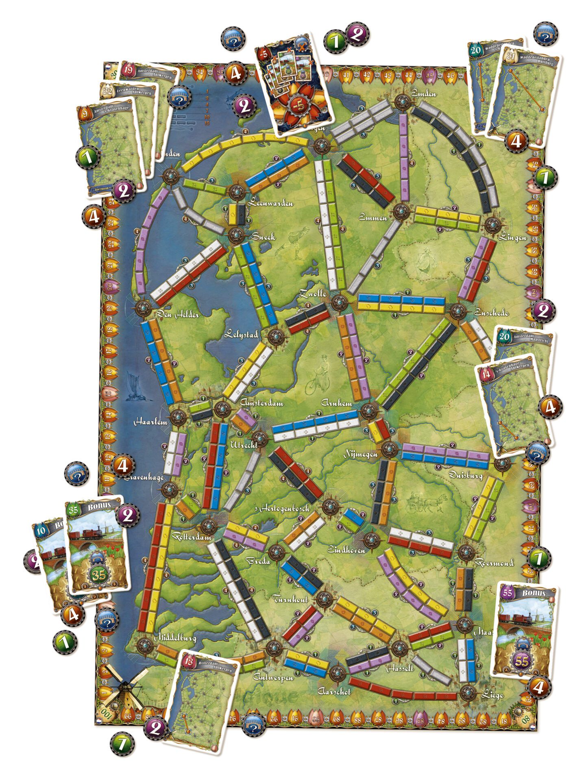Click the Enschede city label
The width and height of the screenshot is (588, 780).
point(491,312)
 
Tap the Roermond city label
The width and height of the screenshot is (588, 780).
point(494,563)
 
